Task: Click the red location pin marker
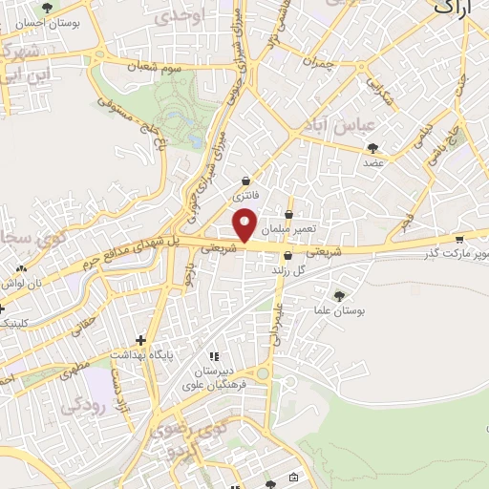point(246,225)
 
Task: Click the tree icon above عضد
point(372,148)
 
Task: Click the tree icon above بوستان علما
point(339,295)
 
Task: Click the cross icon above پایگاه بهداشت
point(141,340)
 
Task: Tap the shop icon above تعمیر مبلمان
point(288,214)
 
